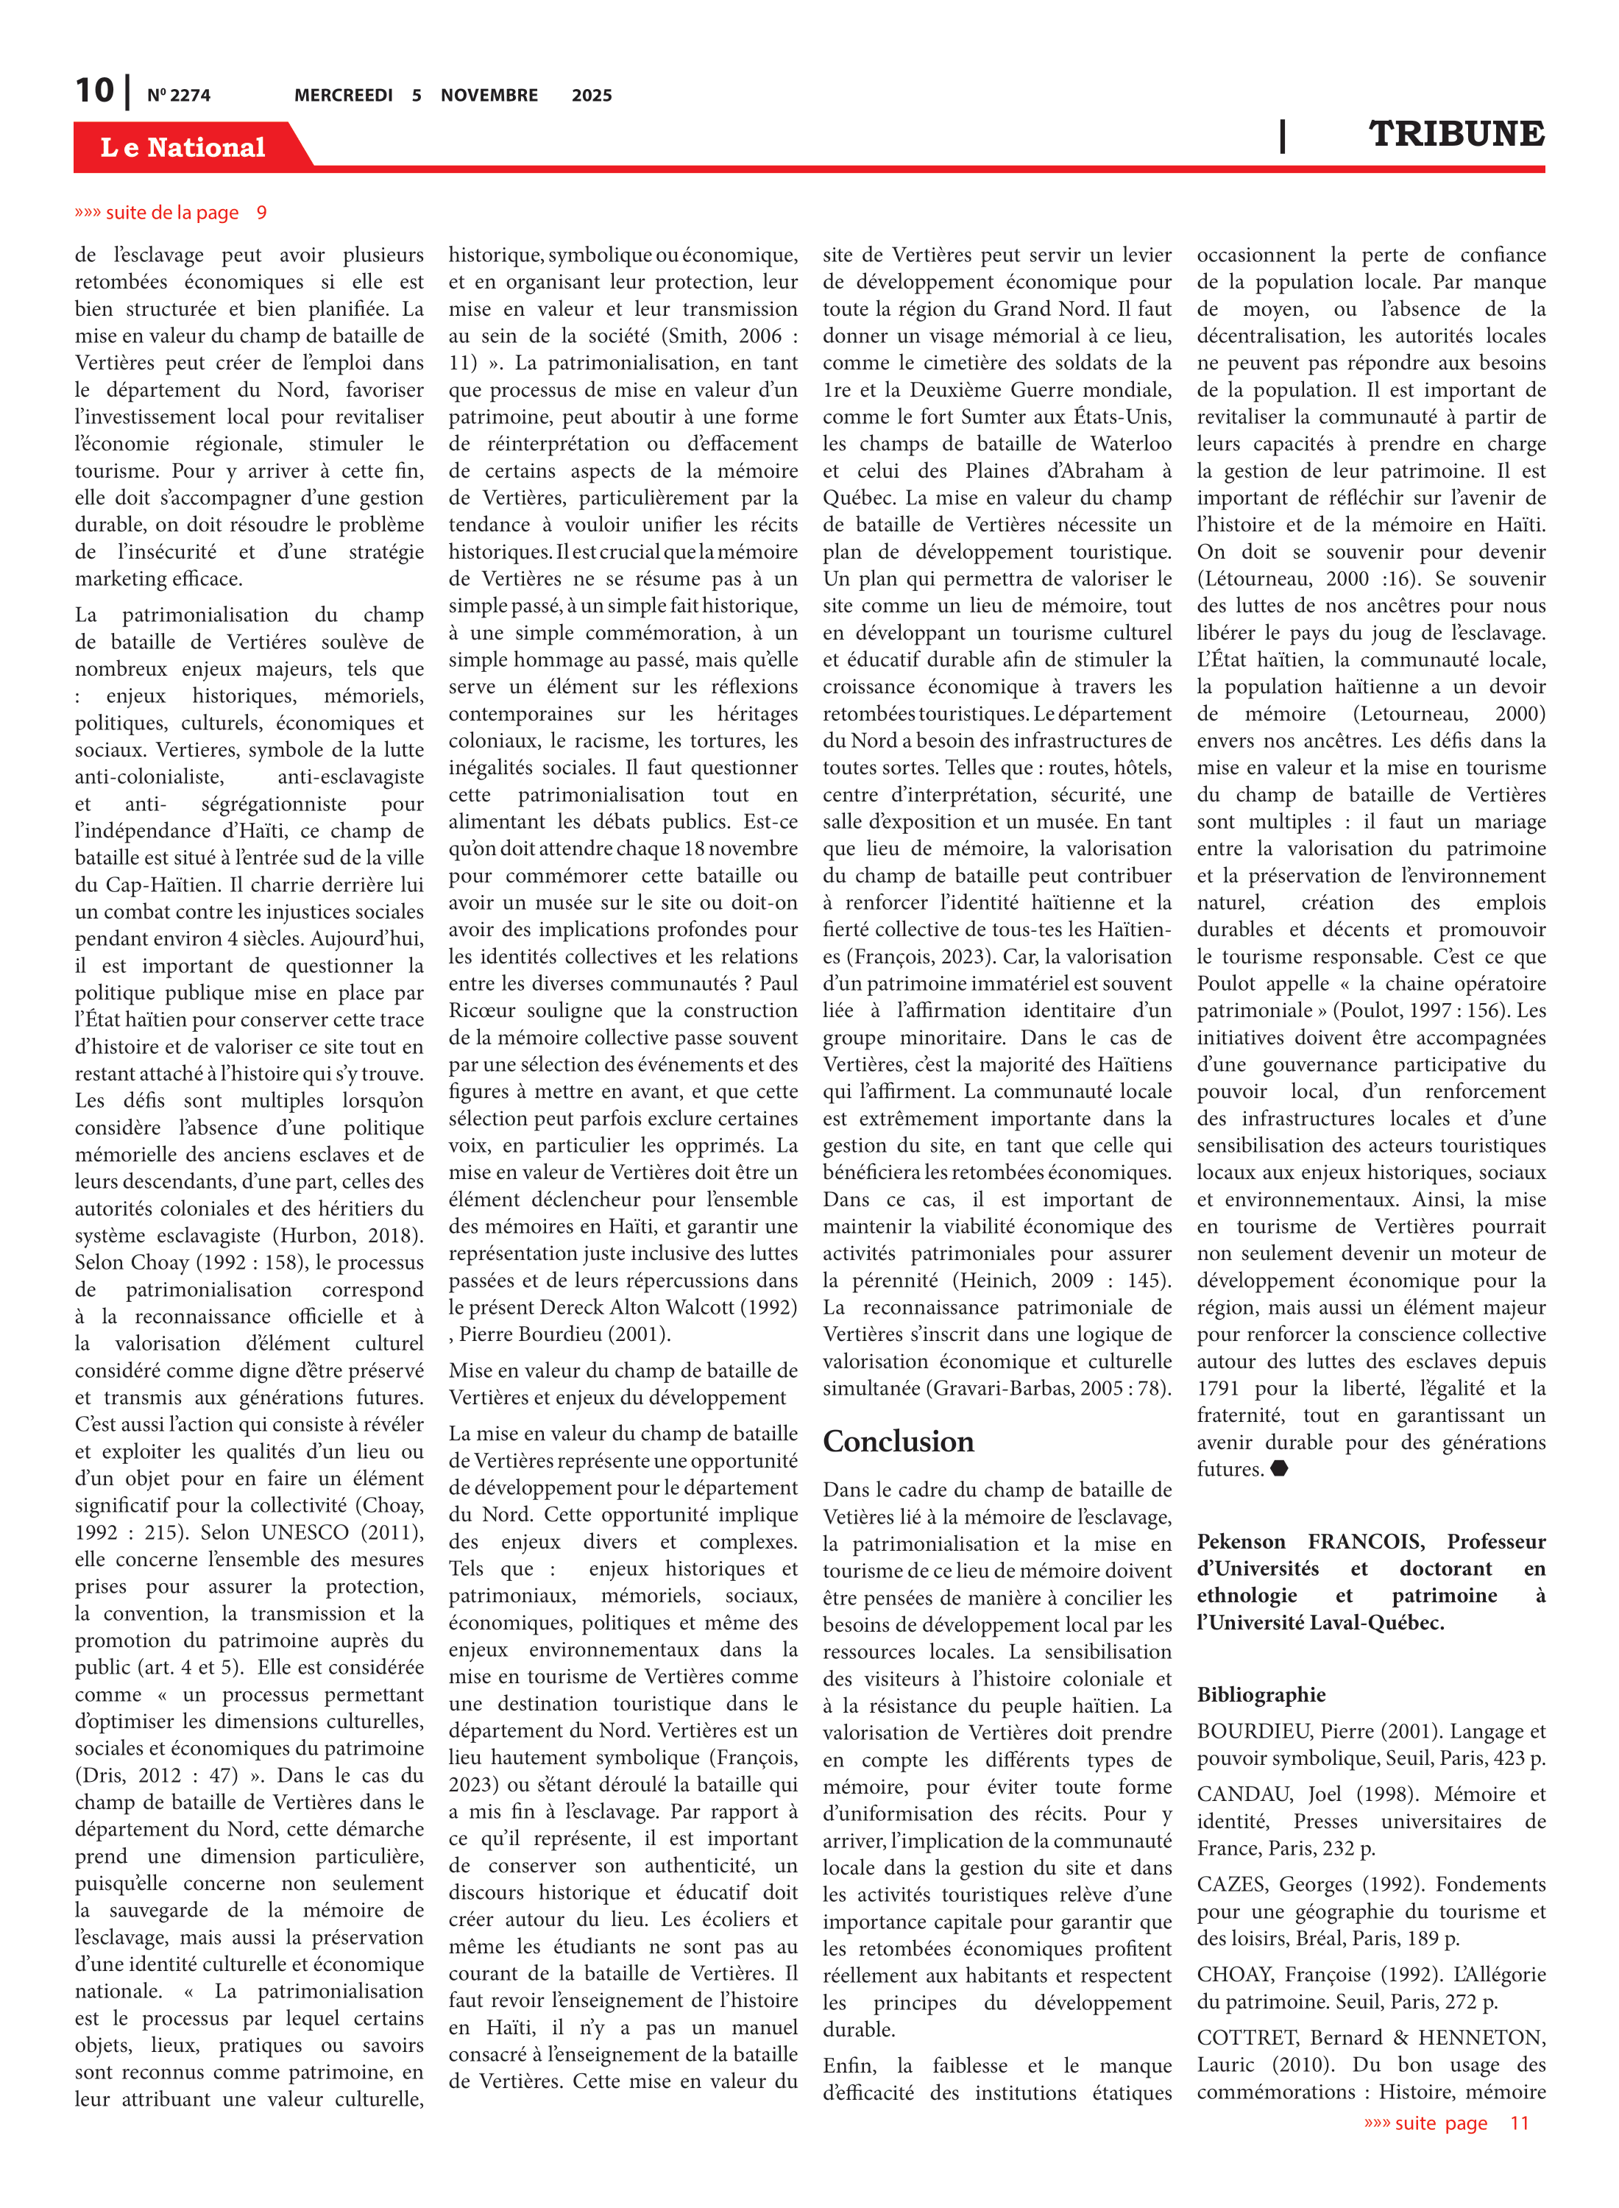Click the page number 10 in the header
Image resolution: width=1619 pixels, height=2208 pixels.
click(x=95, y=91)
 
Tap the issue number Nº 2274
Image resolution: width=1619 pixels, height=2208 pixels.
click(x=178, y=96)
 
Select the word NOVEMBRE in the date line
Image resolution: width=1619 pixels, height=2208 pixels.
click(x=489, y=95)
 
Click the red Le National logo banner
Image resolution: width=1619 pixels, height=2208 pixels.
click(x=183, y=147)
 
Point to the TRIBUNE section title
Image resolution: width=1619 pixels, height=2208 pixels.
click(x=1456, y=133)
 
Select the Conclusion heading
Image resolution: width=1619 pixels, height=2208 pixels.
click(x=898, y=1442)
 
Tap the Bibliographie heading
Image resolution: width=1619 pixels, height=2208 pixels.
click(x=1261, y=1694)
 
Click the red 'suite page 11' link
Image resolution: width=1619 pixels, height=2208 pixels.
click(x=1445, y=2123)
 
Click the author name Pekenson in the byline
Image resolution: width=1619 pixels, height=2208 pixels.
click(x=1241, y=1542)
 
